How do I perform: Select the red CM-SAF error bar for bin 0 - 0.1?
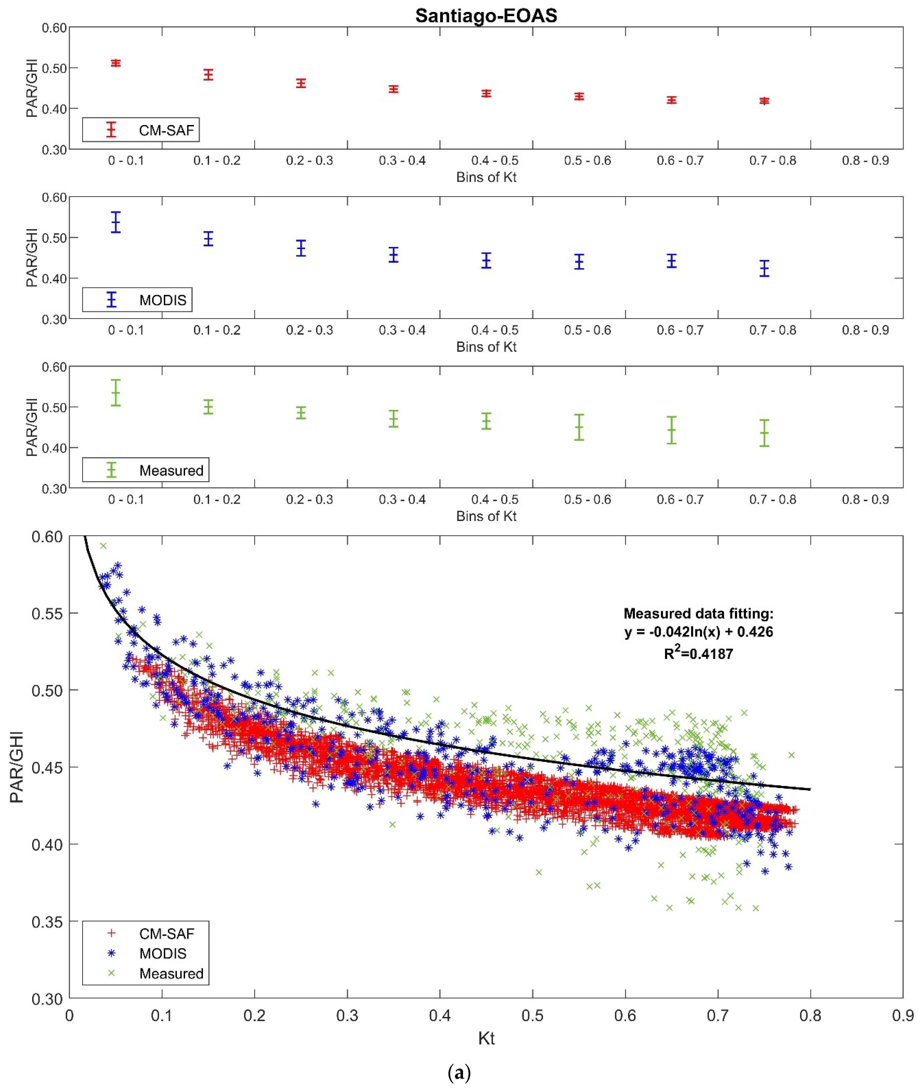[115, 63]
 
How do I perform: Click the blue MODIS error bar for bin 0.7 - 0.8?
[764, 269]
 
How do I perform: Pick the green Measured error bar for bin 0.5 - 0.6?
[579, 427]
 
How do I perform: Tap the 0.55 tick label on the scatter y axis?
[47, 613]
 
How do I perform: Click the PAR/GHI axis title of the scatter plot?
[17, 767]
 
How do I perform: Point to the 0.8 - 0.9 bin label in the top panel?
[865, 160]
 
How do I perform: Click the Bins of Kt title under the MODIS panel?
[486, 347]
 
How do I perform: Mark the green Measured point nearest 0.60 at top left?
[103, 545]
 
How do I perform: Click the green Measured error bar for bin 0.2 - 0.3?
[301, 413]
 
